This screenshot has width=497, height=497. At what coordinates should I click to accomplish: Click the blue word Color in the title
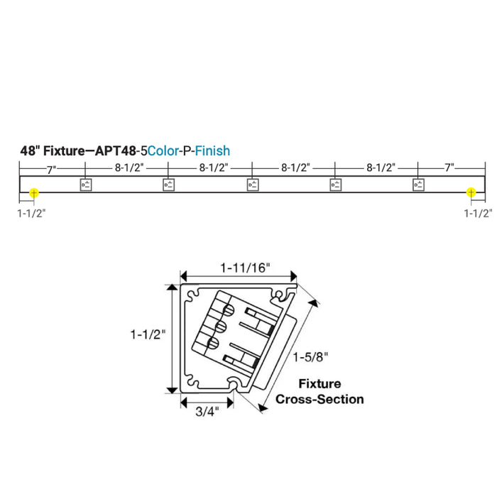pyautogui.click(x=165, y=151)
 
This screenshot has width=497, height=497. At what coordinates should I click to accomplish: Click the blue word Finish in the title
pyautogui.click(x=212, y=151)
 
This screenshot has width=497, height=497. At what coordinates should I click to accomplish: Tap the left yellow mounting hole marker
pyautogui.click(x=34, y=192)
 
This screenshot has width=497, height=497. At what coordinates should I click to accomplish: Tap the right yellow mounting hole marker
pyautogui.click(x=470, y=192)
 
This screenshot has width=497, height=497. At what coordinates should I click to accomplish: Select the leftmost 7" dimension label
pyautogui.click(x=51, y=168)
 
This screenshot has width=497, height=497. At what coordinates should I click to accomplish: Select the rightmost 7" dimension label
pyautogui.click(x=449, y=168)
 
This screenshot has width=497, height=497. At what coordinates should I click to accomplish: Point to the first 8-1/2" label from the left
pyautogui.click(x=128, y=168)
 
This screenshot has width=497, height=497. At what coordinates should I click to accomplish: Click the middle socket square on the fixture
pyautogui.click(x=252, y=185)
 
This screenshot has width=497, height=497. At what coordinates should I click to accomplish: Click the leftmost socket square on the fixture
pyautogui.click(x=85, y=185)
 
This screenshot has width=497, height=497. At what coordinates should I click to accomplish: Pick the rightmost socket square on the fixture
pyautogui.click(x=419, y=185)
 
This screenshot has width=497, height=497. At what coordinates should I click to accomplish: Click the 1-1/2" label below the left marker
pyautogui.click(x=31, y=212)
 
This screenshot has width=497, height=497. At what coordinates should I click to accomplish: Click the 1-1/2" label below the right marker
pyautogui.click(x=478, y=212)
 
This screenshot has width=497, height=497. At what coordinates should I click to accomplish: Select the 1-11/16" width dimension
pyautogui.click(x=245, y=268)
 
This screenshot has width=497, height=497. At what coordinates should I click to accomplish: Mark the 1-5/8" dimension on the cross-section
pyautogui.click(x=308, y=355)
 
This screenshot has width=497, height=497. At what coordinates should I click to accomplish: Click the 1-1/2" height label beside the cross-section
pyautogui.click(x=148, y=333)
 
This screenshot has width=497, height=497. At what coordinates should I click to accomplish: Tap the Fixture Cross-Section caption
pyautogui.click(x=319, y=392)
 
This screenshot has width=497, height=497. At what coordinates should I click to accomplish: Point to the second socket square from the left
pyautogui.click(x=168, y=185)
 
